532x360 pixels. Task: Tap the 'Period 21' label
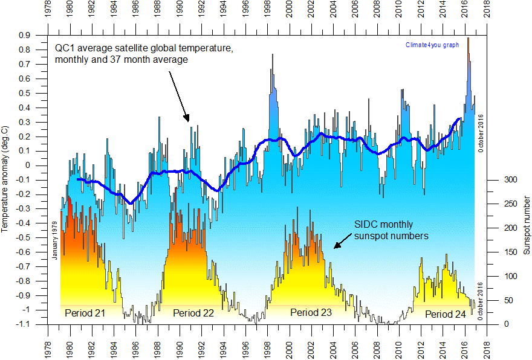point(86,313)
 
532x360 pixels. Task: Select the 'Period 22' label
point(193,313)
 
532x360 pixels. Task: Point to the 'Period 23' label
point(311,312)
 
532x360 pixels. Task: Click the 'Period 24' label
point(445,314)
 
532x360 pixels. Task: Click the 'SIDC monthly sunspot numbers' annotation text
point(391,230)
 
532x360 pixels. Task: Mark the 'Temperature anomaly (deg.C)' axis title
point(5,180)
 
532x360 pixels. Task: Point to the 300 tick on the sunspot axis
point(511,180)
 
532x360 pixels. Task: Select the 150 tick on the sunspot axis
point(511,252)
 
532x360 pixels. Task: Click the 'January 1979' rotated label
point(54,240)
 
